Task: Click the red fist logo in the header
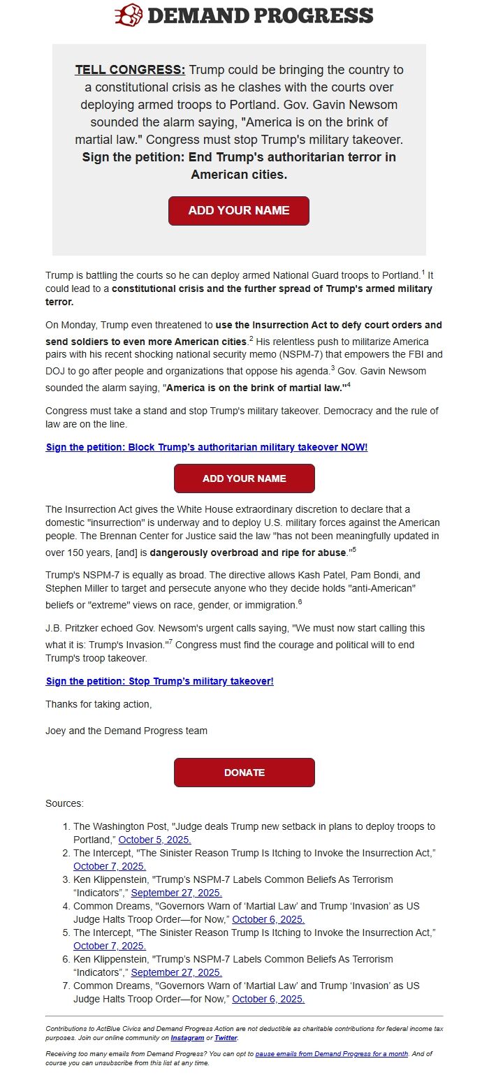pyautogui.click(x=129, y=15)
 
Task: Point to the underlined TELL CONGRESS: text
pyautogui.click(x=130, y=70)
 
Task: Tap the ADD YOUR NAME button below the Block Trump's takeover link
pyautogui.click(x=244, y=478)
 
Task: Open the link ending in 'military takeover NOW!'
pyautogui.click(x=207, y=447)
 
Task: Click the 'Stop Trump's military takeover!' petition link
pyautogui.click(x=159, y=681)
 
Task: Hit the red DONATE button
pyautogui.click(x=244, y=773)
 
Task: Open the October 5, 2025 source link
pyautogui.click(x=154, y=840)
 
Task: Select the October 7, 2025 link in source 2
pyautogui.click(x=109, y=866)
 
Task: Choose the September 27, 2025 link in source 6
pyautogui.click(x=177, y=972)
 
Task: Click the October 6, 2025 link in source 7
pyautogui.click(x=268, y=999)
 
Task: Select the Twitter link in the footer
pyautogui.click(x=226, y=1038)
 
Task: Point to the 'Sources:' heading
pyautogui.click(x=64, y=803)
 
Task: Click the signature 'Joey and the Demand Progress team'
pyautogui.click(x=126, y=731)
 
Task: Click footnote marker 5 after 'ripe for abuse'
pyautogui.click(x=354, y=550)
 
